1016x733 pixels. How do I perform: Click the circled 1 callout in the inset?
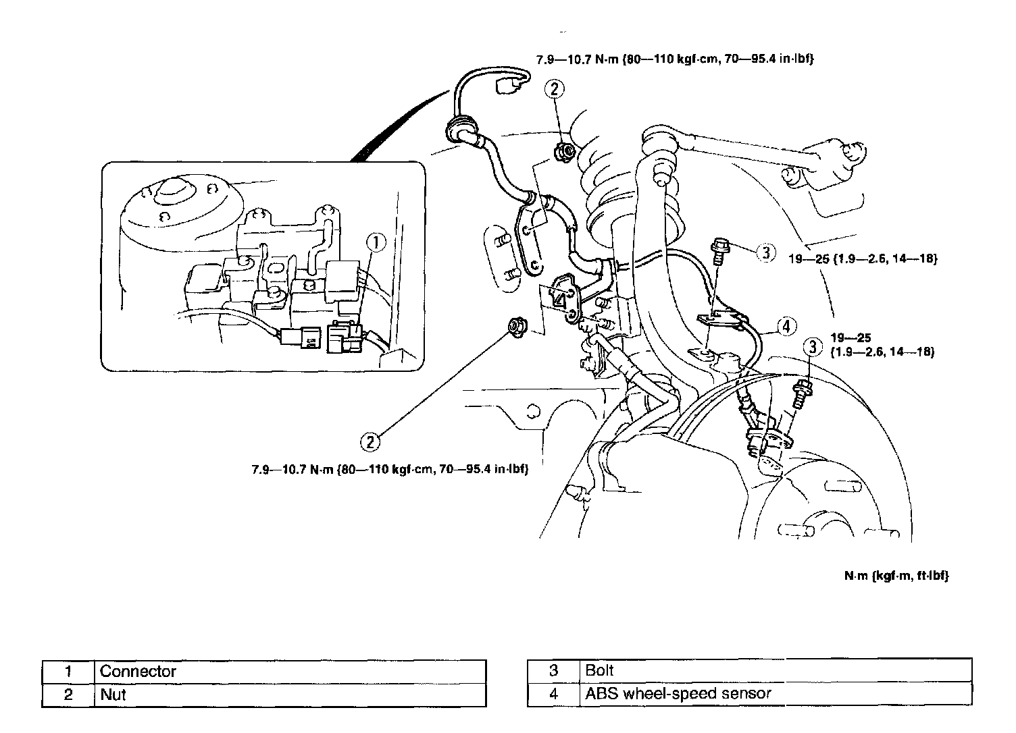click(376, 243)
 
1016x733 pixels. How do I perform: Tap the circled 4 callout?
click(786, 327)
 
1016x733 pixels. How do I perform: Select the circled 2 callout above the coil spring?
click(555, 88)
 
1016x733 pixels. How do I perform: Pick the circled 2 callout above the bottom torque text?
click(370, 442)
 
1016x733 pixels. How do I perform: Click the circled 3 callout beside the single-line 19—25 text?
click(765, 253)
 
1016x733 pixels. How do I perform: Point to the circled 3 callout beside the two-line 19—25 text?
click(812, 348)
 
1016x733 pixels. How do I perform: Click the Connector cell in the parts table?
click(290, 672)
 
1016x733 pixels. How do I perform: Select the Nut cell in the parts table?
click(290, 695)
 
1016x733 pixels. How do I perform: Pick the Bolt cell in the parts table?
click(776, 670)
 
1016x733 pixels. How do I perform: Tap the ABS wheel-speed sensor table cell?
click(776, 693)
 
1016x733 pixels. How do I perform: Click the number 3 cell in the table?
click(553, 670)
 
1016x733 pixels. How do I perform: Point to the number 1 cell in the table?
click(68, 672)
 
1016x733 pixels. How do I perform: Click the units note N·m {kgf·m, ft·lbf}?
click(896, 576)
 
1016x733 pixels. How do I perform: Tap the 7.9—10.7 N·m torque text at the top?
click(674, 60)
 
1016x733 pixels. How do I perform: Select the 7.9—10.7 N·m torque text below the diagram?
click(389, 469)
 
